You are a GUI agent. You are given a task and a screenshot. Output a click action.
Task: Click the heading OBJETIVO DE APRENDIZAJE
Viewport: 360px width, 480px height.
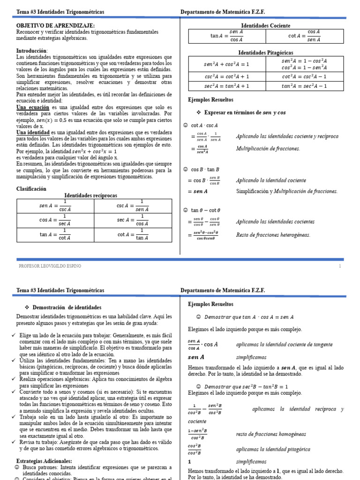click(55, 25)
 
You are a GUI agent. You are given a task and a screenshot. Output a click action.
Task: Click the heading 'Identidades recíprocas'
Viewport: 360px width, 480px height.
click(90, 195)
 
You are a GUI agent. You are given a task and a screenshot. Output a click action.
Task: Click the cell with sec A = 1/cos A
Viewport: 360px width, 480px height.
click(133, 220)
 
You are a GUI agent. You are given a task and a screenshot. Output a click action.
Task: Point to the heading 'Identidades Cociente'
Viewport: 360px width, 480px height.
click(265, 25)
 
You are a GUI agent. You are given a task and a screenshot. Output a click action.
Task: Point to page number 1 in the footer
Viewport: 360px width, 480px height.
click(340, 266)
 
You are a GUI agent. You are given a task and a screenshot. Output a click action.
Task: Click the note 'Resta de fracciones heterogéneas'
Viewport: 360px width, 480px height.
click(273, 235)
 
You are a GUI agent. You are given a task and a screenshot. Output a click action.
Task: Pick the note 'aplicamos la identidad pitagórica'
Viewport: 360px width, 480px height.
click(273, 449)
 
